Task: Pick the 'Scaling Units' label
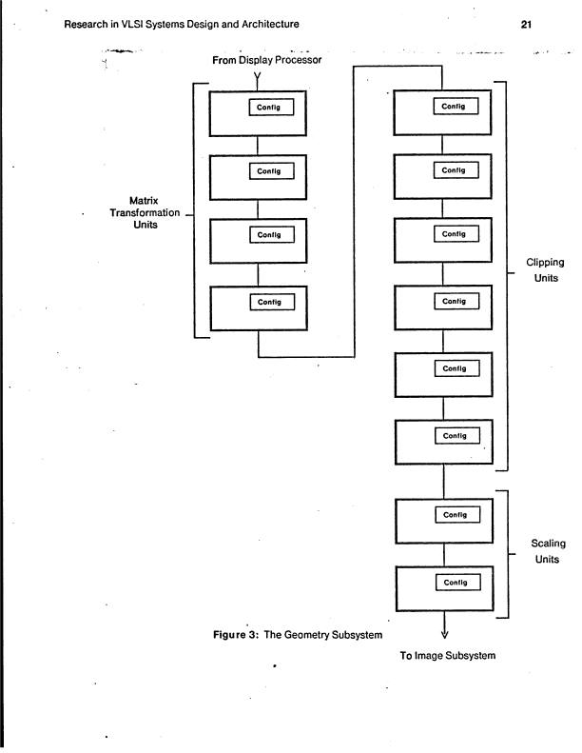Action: click(x=544, y=551)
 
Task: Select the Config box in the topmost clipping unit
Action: click(x=455, y=107)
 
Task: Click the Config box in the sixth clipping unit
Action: click(x=455, y=435)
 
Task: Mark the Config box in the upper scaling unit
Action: click(x=455, y=515)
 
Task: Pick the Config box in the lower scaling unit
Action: click(x=455, y=580)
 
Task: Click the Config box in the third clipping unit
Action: click(x=455, y=234)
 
